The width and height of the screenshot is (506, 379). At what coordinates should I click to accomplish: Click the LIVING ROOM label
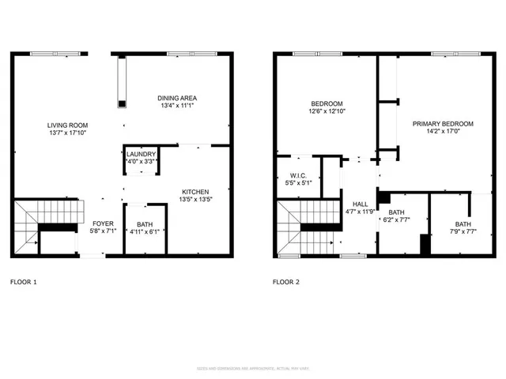tap(67, 125)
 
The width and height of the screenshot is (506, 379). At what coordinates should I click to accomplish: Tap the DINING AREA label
tap(176, 98)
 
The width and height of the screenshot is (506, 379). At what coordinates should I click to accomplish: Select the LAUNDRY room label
tap(142, 155)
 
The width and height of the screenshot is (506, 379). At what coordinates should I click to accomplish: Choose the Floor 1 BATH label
tap(144, 224)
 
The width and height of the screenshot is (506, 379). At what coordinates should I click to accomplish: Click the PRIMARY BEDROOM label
tap(442, 124)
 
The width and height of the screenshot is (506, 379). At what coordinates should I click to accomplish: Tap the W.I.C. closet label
tap(298, 175)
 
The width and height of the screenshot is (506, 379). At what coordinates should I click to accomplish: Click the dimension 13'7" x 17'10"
tap(67, 133)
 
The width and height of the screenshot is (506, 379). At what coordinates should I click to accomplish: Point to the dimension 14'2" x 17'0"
tap(442, 133)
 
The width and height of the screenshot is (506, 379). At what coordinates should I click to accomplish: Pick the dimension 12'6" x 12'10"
tap(327, 111)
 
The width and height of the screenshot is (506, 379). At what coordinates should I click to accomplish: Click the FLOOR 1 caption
tap(23, 281)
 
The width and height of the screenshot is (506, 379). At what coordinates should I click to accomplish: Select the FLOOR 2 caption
tap(286, 281)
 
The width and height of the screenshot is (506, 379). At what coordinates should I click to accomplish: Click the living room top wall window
tap(55, 54)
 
